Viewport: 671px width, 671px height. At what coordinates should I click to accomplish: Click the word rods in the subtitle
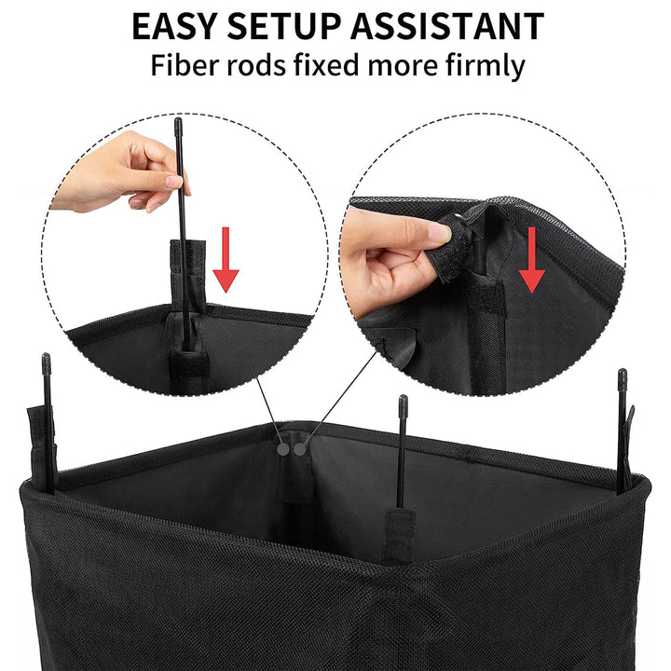point(266,66)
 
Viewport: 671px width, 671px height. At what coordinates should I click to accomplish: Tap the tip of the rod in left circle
point(178,123)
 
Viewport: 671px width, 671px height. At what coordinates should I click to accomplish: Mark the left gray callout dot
point(282,448)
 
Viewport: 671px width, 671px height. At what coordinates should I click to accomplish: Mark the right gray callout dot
point(299,448)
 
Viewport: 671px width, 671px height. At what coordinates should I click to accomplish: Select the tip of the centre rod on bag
point(403,401)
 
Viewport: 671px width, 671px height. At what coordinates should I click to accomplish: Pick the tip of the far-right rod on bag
point(622,375)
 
